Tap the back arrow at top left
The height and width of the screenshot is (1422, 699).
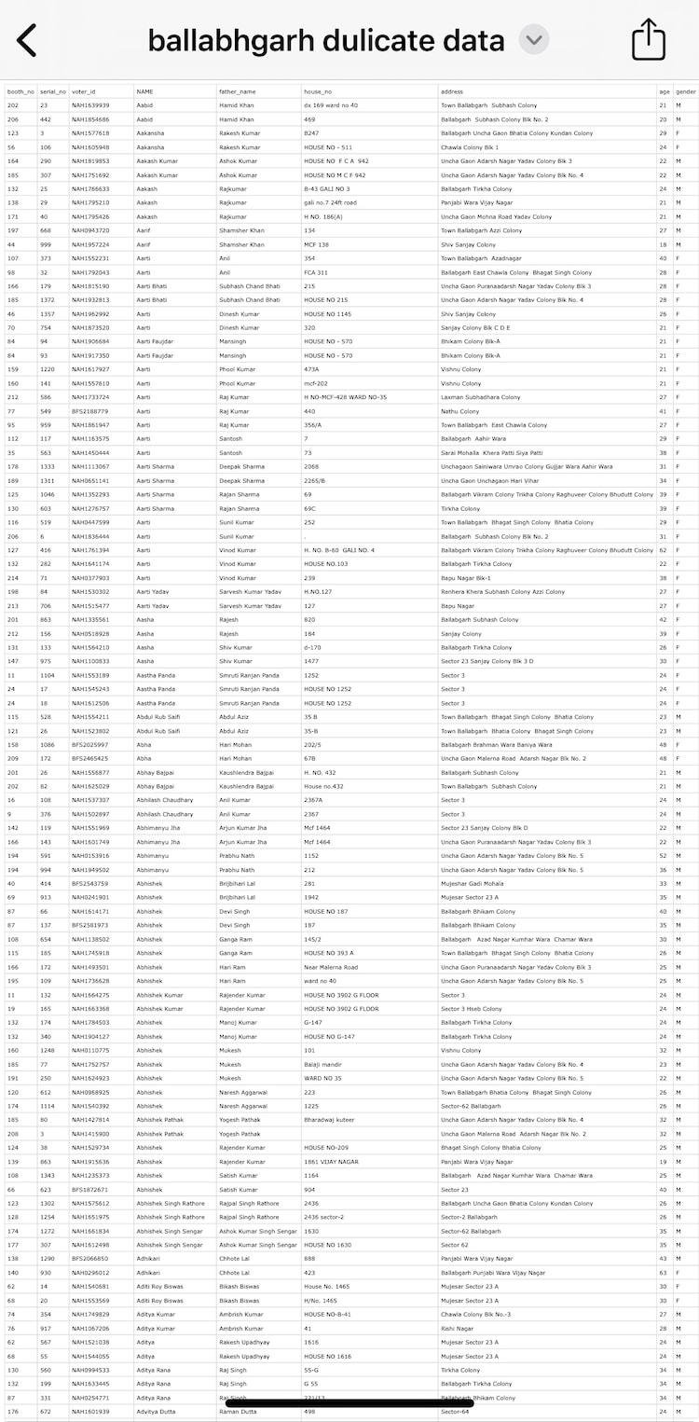27,40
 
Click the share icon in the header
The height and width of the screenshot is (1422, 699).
649,40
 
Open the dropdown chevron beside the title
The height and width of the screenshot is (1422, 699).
534,40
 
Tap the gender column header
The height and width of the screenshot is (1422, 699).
686,92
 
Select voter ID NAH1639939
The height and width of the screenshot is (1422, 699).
90,105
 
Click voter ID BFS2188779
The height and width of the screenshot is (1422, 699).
90,411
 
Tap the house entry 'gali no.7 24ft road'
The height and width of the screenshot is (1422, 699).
330,202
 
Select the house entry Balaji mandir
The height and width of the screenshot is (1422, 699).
322,1064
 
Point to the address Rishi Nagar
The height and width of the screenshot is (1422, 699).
459,1329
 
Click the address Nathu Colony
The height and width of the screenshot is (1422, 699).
460,411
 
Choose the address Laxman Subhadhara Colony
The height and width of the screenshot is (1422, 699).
481,397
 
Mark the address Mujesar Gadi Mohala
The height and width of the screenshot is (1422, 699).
473,883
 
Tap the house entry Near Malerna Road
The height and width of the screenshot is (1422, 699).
331,967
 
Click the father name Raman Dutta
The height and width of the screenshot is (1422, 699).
238,1412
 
